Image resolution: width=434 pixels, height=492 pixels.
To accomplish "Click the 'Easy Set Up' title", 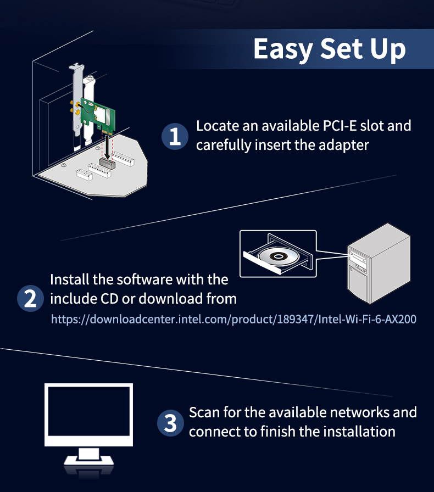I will (330, 49).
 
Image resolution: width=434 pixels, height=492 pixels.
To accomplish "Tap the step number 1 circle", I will (175, 136).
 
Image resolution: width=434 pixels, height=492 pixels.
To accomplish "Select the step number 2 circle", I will (30, 298).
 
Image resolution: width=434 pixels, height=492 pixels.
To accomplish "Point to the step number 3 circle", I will (170, 423).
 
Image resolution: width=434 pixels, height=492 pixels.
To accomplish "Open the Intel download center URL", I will (233, 319).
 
